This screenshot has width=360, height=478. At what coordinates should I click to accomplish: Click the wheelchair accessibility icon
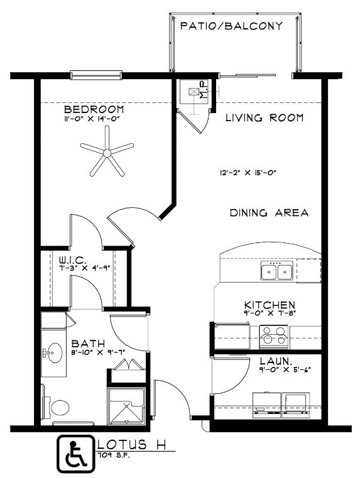(x=75, y=454)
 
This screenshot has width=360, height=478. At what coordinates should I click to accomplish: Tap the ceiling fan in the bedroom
(x=107, y=150)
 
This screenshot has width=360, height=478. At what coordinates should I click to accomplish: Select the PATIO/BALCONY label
(x=231, y=26)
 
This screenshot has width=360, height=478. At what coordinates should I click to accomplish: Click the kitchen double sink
(x=277, y=272)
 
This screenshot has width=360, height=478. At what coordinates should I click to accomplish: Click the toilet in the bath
(x=58, y=408)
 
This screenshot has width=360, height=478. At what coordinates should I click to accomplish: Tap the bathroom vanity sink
(x=54, y=352)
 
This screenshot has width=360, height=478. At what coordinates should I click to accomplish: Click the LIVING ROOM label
(x=265, y=117)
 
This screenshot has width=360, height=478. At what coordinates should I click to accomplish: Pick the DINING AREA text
(x=269, y=213)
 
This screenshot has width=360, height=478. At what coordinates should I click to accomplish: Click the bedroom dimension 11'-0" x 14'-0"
(x=92, y=119)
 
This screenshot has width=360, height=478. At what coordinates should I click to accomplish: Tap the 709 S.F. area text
(x=111, y=455)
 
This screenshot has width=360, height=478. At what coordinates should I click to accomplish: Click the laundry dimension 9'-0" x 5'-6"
(x=285, y=369)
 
